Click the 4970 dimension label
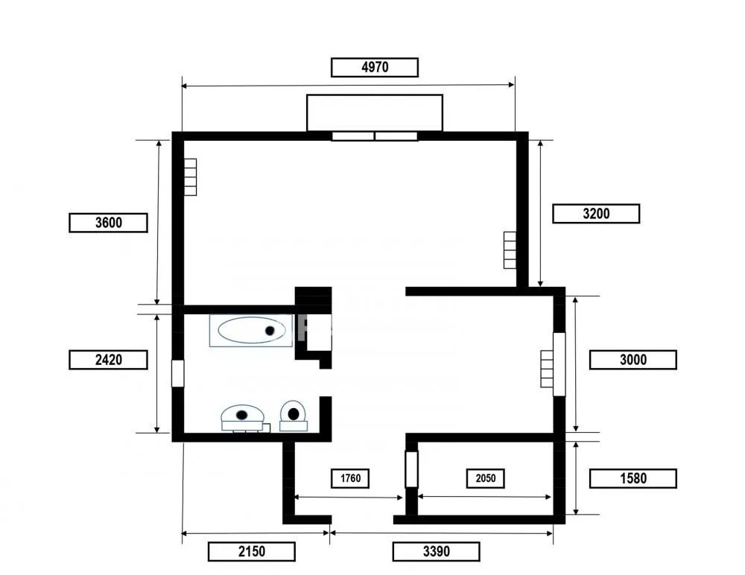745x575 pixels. coord(375,68)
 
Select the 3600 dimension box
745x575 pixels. coord(108,223)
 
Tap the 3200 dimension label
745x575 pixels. coord(596,214)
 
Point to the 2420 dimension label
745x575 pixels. coord(108,360)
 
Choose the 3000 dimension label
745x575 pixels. coord(633,360)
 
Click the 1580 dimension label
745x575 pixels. coord(633,478)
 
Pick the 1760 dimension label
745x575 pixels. coord(350,478)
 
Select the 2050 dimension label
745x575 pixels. coord(485,478)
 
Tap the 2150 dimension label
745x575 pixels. coord(251,552)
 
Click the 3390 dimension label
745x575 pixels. coord(436,552)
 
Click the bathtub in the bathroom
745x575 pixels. coord(251,330)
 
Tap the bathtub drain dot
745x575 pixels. coord(270,331)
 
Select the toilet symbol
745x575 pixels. coord(293,416)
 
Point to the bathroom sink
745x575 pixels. coord(242,418)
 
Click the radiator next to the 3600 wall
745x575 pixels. coord(190,177)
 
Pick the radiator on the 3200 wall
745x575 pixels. coord(510,250)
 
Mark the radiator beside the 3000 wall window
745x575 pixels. coord(547,369)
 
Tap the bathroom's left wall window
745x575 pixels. coord(177,373)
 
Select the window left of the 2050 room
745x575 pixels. coord(411,469)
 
